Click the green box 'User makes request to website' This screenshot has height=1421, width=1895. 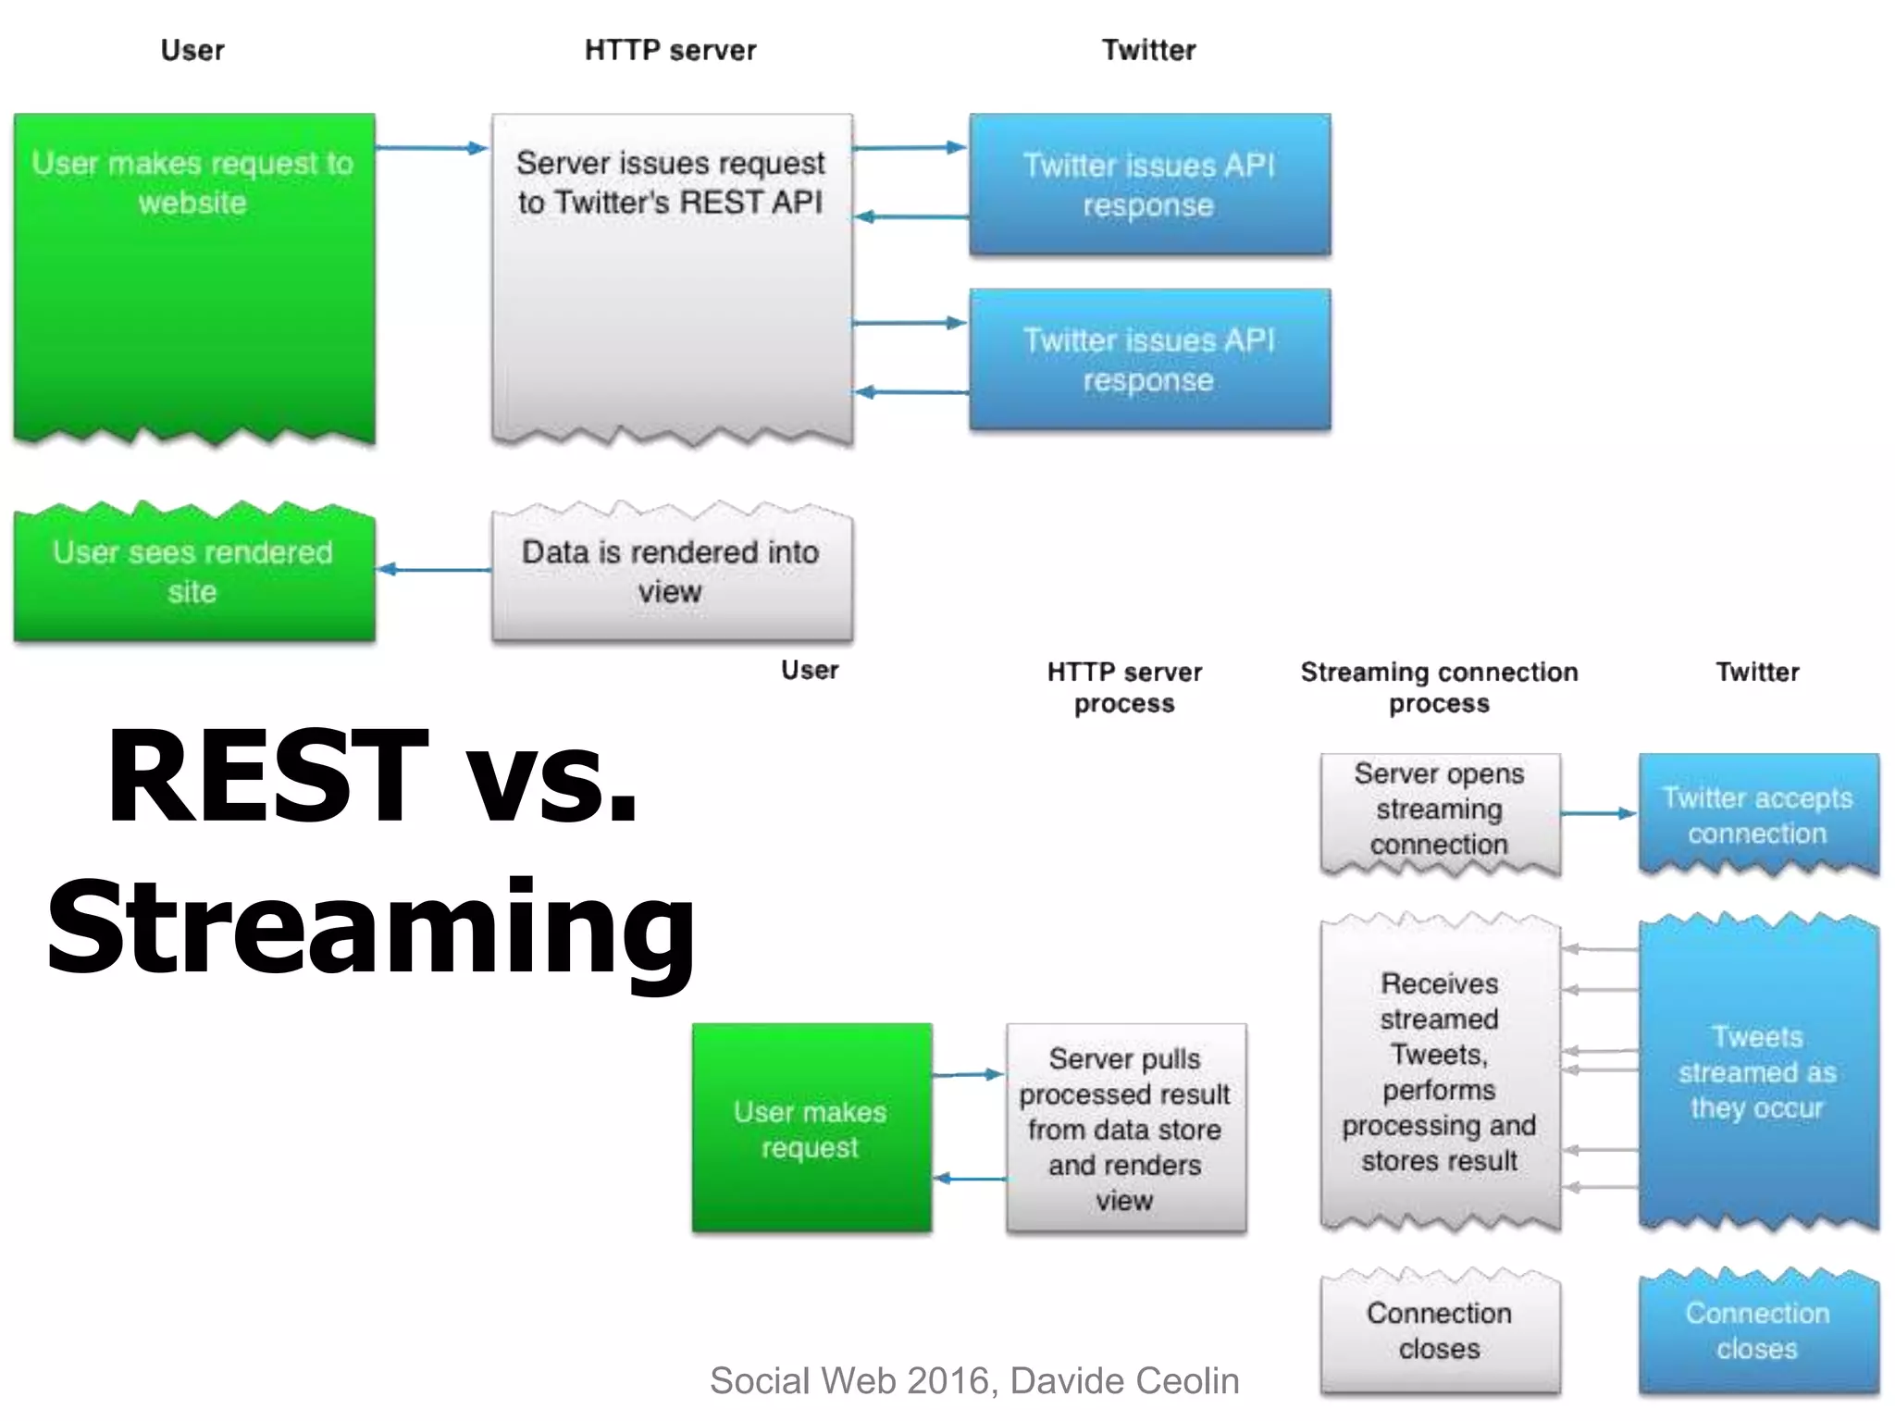tap(193, 278)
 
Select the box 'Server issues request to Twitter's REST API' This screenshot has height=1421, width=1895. tap(672, 278)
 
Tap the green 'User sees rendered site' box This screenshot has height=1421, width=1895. tap(193, 574)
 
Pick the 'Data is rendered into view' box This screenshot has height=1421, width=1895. tap(672, 574)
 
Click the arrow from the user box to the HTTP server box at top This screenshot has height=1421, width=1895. tap(431, 148)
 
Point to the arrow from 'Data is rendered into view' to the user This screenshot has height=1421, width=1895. tap(433, 569)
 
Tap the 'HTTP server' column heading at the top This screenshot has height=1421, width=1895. tap(670, 50)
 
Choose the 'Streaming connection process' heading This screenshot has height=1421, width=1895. tap(1439, 687)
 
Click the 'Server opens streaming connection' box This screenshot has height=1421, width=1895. tap(1440, 810)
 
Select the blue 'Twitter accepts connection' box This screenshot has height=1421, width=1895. tap(1758, 814)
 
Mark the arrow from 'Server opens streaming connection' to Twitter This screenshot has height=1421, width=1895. tap(1598, 813)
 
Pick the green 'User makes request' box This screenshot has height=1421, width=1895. tap(811, 1129)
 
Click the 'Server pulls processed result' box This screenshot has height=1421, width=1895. tap(1125, 1129)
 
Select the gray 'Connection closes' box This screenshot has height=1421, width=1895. tap(1440, 1332)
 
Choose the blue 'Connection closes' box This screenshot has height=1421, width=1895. tap(1758, 1332)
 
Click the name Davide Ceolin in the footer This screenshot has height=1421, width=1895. tap(1124, 1380)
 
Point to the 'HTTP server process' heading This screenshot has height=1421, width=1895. tap(1124, 687)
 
